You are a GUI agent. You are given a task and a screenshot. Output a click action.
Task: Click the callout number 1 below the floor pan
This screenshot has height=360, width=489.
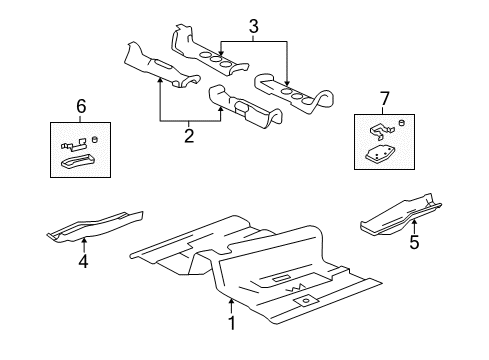click(x=231, y=324)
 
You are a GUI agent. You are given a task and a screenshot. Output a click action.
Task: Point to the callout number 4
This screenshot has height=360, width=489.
click(x=84, y=262)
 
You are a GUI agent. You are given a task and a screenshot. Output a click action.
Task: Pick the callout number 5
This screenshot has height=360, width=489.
click(x=414, y=241)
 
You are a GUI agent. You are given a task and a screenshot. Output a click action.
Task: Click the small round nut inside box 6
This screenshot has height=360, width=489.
click(x=94, y=139)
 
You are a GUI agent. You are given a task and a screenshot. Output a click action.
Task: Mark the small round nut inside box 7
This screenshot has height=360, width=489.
click(x=400, y=122)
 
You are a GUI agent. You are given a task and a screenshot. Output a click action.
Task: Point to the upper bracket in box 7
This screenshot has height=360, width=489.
click(x=378, y=128)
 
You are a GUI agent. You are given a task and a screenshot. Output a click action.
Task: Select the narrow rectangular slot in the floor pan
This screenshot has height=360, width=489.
click(x=279, y=277)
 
